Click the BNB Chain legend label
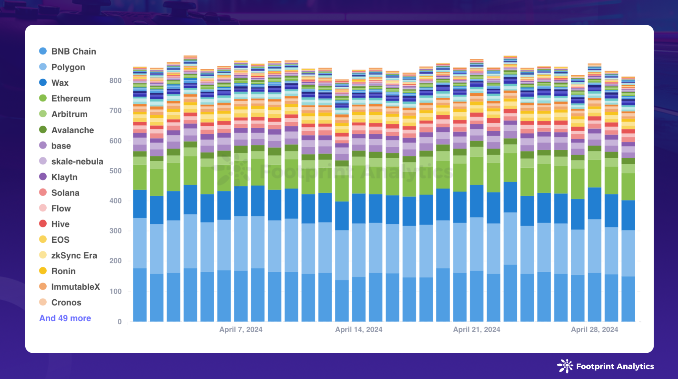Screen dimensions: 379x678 click(73, 52)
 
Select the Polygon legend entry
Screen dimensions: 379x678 click(68, 67)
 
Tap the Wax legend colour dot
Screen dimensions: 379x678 click(43, 82)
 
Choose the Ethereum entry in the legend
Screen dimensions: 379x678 click(71, 99)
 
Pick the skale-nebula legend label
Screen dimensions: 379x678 click(77, 161)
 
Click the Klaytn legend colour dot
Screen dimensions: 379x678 click(43, 177)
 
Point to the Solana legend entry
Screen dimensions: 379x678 click(65, 193)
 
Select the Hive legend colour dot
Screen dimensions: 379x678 click(43, 224)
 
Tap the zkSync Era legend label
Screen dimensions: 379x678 click(74, 256)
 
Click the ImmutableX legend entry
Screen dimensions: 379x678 click(75, 287)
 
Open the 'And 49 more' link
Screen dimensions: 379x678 click(65, 318)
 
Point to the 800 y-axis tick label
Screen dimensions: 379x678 click(116, 81)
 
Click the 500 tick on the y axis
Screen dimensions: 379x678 click(116, 171)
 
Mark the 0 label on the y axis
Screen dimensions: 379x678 click(120, 322)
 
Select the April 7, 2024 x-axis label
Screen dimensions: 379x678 click(241, 329)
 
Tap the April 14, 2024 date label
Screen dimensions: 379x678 click(359, 329)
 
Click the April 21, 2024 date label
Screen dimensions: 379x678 click(476, 329)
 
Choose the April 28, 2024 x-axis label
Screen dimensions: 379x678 click(594, 329)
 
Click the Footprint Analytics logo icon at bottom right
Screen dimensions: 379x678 click(565, 366)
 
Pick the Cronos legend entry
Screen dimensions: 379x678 click(66, 303)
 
